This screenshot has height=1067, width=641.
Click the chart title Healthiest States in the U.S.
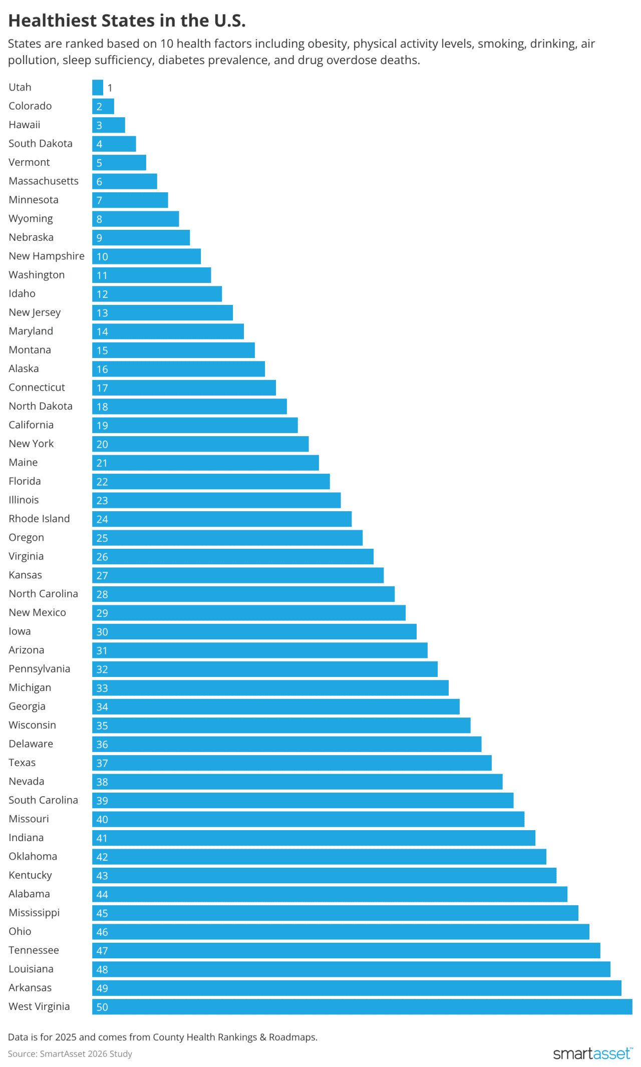[x=127, y=21]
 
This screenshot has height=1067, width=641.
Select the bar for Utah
[x=98, y=88]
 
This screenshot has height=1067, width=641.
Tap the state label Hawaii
[x=25, y=125]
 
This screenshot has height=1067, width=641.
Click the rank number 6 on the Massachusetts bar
[x=99, y=182]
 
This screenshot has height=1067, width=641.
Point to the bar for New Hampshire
[x=146, y=256]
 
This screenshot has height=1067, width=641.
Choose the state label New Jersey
[x=35, y=312]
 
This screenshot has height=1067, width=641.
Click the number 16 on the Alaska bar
[x=102, y=370]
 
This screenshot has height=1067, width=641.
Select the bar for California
[x=195, y=425]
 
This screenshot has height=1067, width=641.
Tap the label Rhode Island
[x=39, y=519]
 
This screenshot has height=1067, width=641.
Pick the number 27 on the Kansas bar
[x=102, y=576]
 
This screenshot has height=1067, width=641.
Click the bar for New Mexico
[x=249, y=613]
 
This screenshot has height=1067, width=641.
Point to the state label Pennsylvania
[x=39, y=669]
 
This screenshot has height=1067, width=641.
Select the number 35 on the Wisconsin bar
[x=102, y=726]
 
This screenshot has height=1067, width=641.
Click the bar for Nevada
[x=297, y=782]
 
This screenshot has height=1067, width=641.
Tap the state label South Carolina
[x=43, y=800]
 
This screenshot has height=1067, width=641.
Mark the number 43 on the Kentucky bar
[x=102, y=876]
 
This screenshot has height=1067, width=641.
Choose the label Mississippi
[x=34, y=913]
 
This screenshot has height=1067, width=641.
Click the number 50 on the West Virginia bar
[x=102, y=1007]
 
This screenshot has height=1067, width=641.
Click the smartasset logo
[x=592, y=1053]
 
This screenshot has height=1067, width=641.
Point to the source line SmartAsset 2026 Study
[x=70, y=1053]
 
